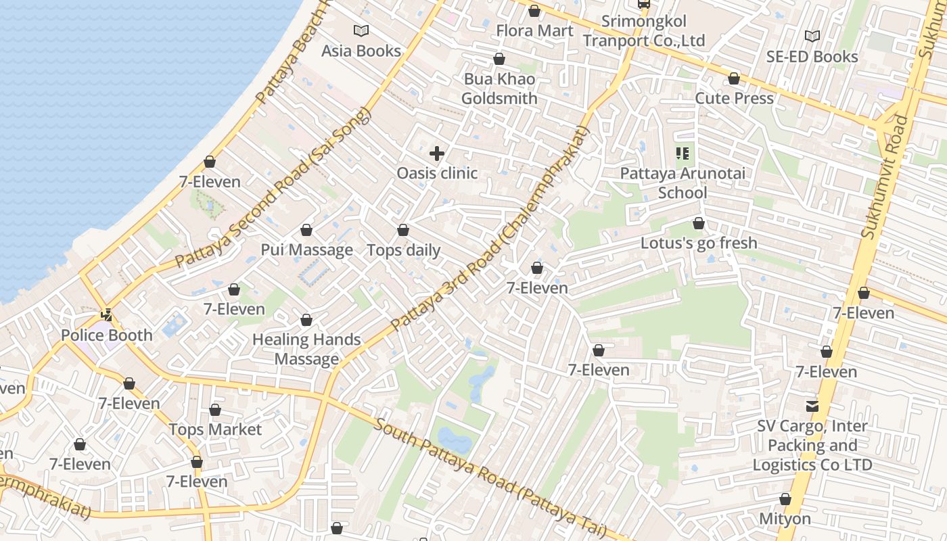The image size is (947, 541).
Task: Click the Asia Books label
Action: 361,51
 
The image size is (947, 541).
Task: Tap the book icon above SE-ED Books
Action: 812,36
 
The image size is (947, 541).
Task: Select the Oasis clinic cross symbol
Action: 437,154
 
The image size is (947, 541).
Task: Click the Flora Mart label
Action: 534,30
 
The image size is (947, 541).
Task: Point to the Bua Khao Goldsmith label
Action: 499,89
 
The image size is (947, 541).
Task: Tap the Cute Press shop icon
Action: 734,79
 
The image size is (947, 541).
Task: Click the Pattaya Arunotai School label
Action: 683,183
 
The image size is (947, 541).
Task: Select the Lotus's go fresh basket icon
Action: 699,223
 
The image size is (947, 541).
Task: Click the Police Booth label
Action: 107,335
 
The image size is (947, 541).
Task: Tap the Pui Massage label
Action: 306,250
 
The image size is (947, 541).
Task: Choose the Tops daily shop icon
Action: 403,231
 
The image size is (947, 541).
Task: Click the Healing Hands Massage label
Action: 306,349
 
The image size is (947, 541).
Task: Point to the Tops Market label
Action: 215,429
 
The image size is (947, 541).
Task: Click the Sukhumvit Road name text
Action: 887,176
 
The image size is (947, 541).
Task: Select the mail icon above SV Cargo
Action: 812,406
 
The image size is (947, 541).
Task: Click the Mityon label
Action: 785,519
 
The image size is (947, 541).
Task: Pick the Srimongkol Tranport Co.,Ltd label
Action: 644,31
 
